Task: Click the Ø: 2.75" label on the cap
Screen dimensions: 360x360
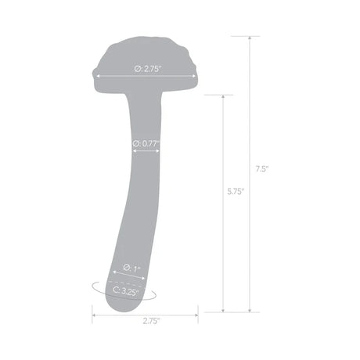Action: tap(147, 69)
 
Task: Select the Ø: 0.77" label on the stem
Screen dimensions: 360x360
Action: tap(146, 143)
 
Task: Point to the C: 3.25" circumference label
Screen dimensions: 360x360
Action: tap(125, 291)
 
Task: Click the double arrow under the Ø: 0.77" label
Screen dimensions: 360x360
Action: tap(146, 152)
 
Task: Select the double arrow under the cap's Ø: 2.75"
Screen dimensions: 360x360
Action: tap(146, 77)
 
